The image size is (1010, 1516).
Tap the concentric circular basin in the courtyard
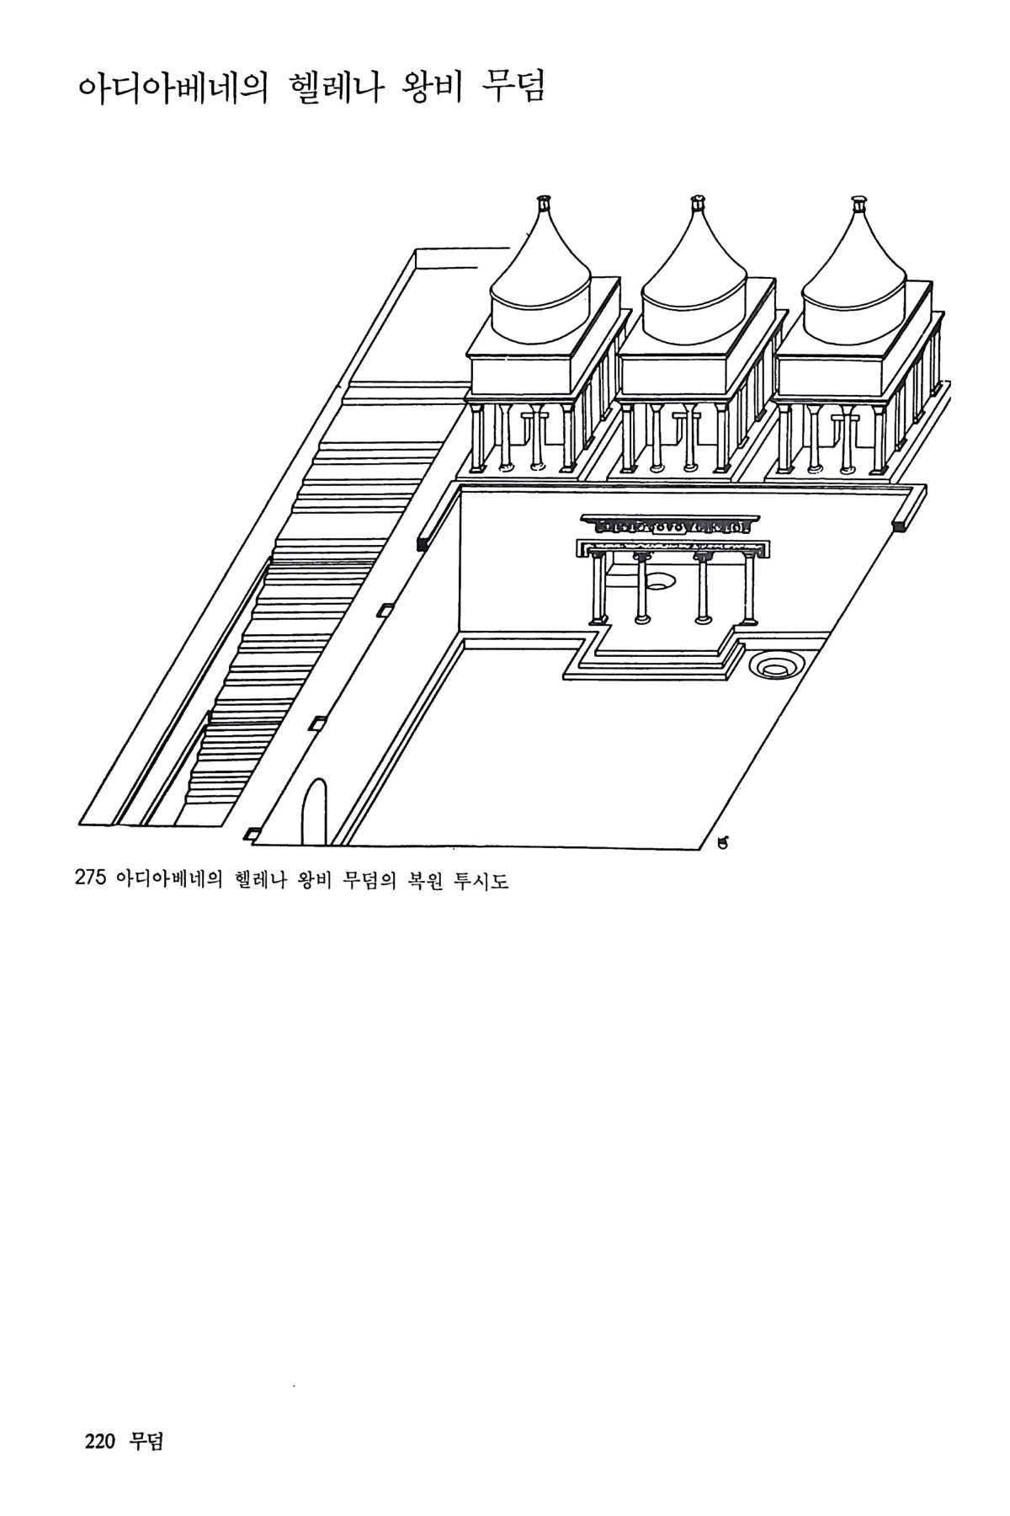point(773,666)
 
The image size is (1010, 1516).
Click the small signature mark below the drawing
point(721,841)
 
